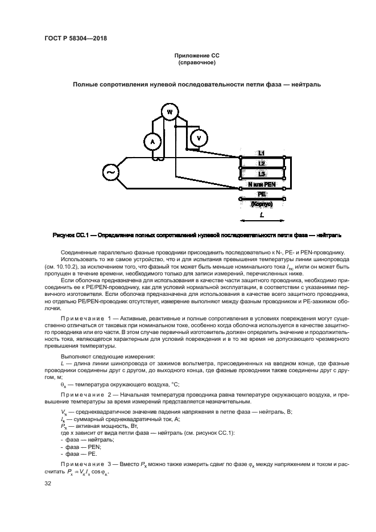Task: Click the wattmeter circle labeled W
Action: pyautogui.click(x=168, y=112)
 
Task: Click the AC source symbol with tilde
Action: pyautogui.click(x=110, y=171)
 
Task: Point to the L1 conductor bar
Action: pyautogui.click(x=262, y=154)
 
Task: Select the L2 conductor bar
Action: pyautogui.click(x=262, y=164)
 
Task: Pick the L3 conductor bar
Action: pyautogui.click(x=262, y=174)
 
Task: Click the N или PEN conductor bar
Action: pyautogui.click(x=262, y=185)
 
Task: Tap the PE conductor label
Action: pyautogui.click(x=262, y=194)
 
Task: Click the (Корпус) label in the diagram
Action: pyautogui.click(x=262, y=203)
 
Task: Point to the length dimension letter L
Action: pyautogui.click(x=261, y=215)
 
